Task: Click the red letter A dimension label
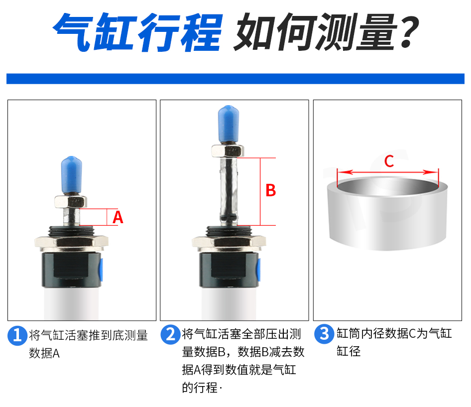(x=118, y=217)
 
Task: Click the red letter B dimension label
(x=271, y=190)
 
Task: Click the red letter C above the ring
(x=389, y=161)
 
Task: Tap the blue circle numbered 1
(x=17, y=335)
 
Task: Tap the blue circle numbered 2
(x=170, y=334)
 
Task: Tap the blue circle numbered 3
(x=324, y=334)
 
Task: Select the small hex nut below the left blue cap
(x=71, y=201)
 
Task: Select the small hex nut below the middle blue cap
(x=228, y=150)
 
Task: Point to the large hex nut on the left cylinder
(x=72, y=242)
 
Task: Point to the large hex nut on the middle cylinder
(x=229, y=243)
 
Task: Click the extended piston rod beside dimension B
(x=229, y=191)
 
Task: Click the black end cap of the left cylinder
(x=71, y=270)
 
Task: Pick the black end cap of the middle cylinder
(x=229, y=270)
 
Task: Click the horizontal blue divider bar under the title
(x=235, y=78)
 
